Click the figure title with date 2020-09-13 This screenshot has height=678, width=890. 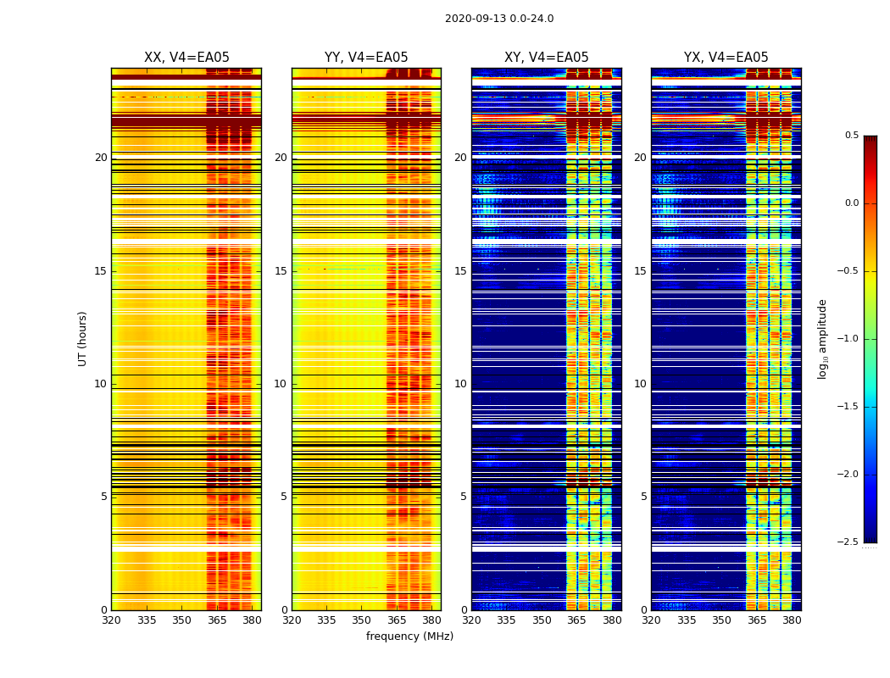(499, 19)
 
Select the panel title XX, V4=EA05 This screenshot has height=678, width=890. (186, 58)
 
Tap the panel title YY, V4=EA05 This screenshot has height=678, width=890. (366, 58)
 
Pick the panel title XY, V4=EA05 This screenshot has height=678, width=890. (547, 58)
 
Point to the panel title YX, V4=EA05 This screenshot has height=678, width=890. (726, 58)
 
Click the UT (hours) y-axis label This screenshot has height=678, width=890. (83, 338)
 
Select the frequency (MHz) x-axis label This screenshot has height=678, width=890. (409, 636)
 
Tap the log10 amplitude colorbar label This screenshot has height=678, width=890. (822, 339)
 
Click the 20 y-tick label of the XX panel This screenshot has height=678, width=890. (101, 158)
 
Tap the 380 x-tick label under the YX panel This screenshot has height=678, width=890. (792, 620)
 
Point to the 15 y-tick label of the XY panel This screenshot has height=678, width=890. (460, 271)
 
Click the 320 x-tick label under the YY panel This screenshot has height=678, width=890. (292, 620)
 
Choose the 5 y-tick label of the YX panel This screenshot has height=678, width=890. (643, 497)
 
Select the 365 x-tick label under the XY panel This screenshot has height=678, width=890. (576, 620)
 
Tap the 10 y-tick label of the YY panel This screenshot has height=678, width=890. (281, 384)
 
